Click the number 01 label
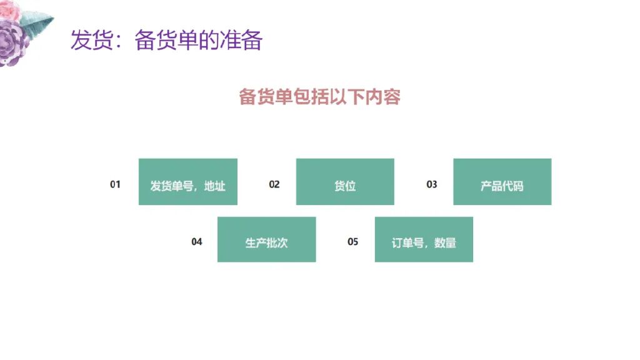pyautogui.click(x=115, y=184)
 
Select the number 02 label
pyautogui.click(x=274, y=184)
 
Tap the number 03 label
pyautogui.click(x=432, y=184)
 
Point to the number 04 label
pyautogui.click(x=197, y=242)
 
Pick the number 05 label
pyautogui.click(x=353, y=242)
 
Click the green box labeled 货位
pyautogui.click(x=345, y=182)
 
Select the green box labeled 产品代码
pyautogui.click(x=502, y=182)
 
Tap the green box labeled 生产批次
pyautogui.click(x=266, y=239)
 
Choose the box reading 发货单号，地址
pyautogui.click(x=187, y=182)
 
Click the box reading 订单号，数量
pyautogui.click(x=424, y=239)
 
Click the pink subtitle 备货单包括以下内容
pyautogui.click(x=319, y=97)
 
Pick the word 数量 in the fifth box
pyautogui.click(x=445, y=243)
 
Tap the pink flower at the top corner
pyautogui.click(x=9, y=9)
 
